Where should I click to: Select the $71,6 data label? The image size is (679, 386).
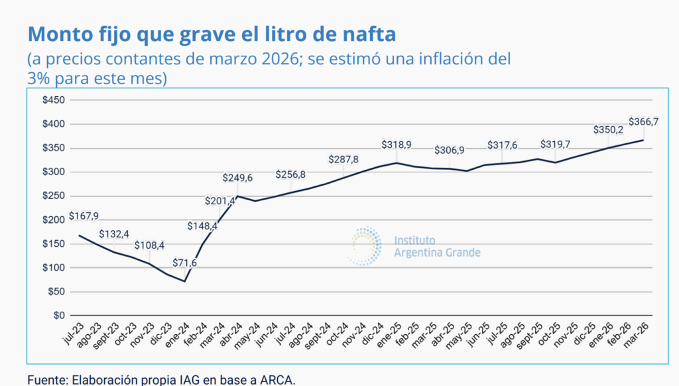pos(185,263)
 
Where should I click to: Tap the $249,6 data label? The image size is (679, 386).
pos(238,178)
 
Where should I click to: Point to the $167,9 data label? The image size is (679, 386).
pos(84,216)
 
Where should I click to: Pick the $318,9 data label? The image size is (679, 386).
pos(397,145)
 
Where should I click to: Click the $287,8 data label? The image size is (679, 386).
pos(343,160)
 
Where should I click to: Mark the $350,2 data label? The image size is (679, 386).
pos(608,130)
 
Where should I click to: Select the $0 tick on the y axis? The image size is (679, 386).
pos(60,316)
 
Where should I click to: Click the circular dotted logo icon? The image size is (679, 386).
pos(366,245)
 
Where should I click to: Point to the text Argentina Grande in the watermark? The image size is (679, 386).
pos(437,253)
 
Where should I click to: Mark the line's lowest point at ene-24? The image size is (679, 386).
pos(185,281)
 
